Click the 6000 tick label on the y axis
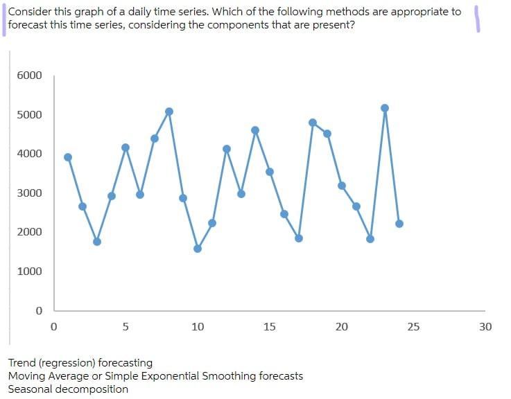(30, 76)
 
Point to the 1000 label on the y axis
(30, 271)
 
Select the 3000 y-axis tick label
(30, 193)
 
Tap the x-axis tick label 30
(485, 326)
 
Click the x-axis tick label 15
(270, 326)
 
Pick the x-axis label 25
(413, 326)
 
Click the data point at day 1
(68, 157)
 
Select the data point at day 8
(169, 112)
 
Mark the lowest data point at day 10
(198, 249)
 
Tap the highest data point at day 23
(385, 108)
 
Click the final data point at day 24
(399, 224)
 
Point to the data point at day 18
(313, 123)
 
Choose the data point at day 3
(97, 242)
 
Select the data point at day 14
(255, 130)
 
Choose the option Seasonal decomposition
(68, 389)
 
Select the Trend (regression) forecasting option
(80, 363)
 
